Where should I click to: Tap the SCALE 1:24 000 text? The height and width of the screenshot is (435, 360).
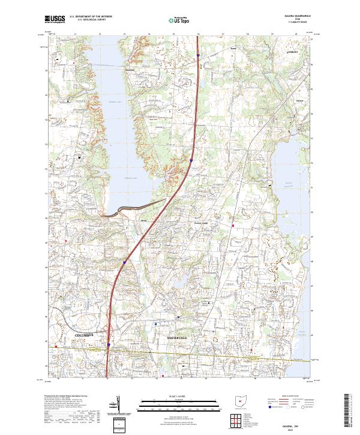(x=179, y=395)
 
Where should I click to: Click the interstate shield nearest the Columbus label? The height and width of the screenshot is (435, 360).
(x=108, y=344)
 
